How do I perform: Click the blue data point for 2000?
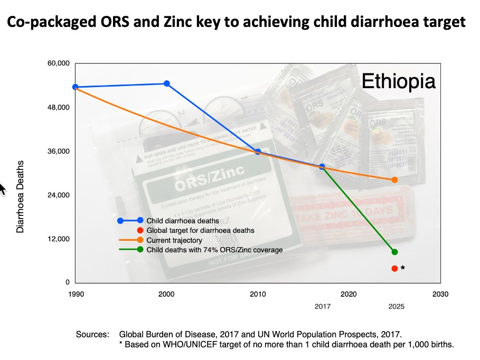pos(167,83)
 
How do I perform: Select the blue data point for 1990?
pos(76,87)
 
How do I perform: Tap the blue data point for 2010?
pos(258,151)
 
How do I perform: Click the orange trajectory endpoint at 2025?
pos(394,180)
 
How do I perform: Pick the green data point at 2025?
pos(394,252)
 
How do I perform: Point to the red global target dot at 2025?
pos(394,269)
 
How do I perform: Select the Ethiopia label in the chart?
pos(398,82)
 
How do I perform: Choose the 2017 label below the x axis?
pos(322,306)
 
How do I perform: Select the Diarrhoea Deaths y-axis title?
pos(21,197)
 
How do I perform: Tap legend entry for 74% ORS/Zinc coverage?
pos(214,250)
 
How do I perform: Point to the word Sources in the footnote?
pos(92,335)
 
